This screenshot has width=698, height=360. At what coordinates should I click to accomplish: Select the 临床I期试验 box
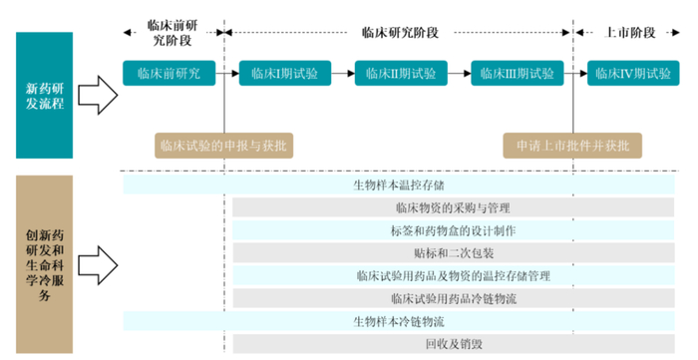click(x=284, y=73)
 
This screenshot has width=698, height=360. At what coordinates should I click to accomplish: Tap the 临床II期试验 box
click(x=400, y=73)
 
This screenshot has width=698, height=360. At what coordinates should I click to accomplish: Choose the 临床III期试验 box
click(x=516, y=73)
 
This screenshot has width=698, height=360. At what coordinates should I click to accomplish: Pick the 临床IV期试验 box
click(x=632, y=73)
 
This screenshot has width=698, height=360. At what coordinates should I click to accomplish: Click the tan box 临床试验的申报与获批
click(x=225, y=146)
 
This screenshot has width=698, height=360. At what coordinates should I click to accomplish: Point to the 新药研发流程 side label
click(x=44, y=95)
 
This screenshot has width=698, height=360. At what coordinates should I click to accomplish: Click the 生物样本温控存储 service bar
click(x=399, y=185)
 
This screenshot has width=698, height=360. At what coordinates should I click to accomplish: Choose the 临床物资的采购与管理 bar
click(x=453, y=208)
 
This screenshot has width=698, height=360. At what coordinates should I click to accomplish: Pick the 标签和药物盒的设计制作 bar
click(x=453, y=230)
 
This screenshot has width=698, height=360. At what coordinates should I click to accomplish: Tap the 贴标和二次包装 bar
click(x=453, y=253)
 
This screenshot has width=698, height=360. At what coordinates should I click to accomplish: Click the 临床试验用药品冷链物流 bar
click(x=453, y=298)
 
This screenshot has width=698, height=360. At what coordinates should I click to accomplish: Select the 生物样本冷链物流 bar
click(x=399, y=321)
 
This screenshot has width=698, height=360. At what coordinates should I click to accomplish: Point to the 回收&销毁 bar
click(x=453, y=344)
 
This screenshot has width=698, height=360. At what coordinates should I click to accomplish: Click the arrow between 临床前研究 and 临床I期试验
click(x=225, y=73)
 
